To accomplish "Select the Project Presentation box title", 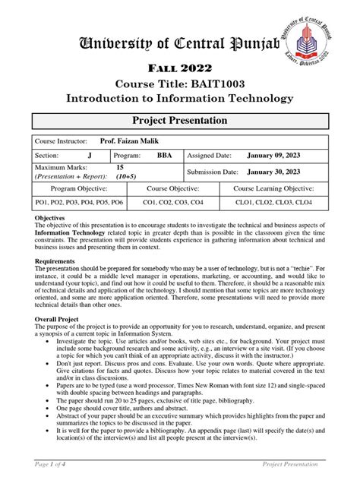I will [180, 120].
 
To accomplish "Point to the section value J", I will [90, 155].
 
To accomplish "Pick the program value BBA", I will [164, 155].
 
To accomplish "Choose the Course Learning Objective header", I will [274, 188].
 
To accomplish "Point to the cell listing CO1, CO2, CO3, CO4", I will [174, 203].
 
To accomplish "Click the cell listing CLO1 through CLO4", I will [274, 203].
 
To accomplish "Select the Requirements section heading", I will [55, 259].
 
